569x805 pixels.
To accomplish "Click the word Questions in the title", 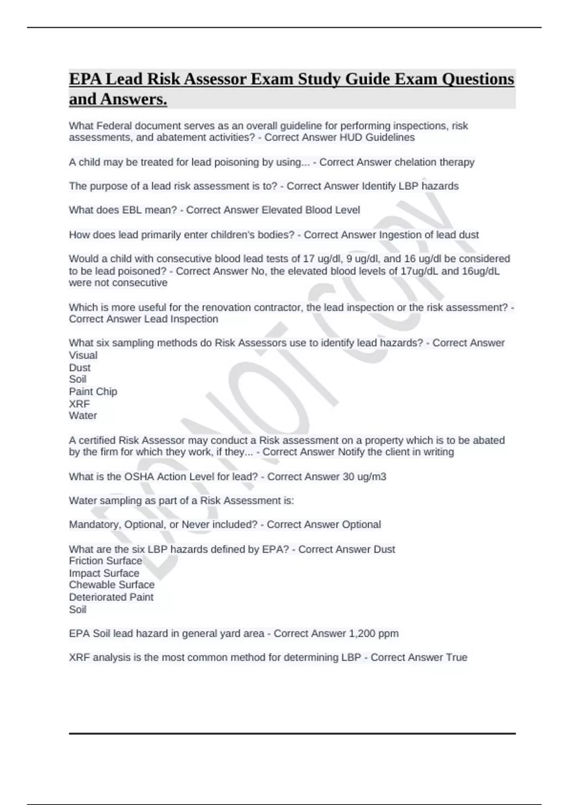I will click(x=477, y=79).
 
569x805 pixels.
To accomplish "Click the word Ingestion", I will click(x=401, y=235).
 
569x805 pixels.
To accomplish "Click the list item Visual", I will click(x=83, y=355).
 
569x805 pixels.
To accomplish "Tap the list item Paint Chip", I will click(x=93, y=392).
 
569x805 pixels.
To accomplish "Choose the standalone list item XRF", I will click(x=79, y=404).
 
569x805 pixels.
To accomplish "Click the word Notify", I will click(x=351, y=452).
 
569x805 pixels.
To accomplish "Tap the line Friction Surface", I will click(x=105, y=561).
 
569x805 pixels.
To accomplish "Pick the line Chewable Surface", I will click(x=111, y=585).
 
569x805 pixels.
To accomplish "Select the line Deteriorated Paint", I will click(x=111, y=597).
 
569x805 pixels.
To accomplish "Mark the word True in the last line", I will click(x=457, y=658).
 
